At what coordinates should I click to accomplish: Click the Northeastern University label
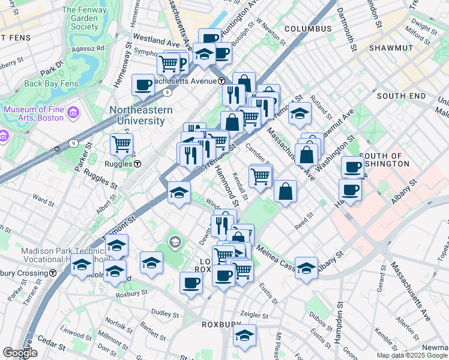[x=141, y=115]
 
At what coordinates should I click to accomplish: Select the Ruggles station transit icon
[x=137, y=163]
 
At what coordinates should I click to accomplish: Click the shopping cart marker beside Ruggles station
[x=121, y=144]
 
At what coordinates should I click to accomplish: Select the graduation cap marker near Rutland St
[x=299, y=112]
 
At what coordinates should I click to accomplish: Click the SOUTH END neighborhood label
[x=400, y=96]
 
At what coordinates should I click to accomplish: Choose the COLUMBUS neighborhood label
[x=308, y=29]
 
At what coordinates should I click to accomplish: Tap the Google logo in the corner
[x=20, y=353]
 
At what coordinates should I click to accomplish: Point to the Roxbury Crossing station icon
[x=53, y=273]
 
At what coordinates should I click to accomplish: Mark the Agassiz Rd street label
[x=88, y=48]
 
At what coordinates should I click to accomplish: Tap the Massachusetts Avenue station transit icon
[x=221, y=81]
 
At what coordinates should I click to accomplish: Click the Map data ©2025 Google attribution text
[x=412, y=355]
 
